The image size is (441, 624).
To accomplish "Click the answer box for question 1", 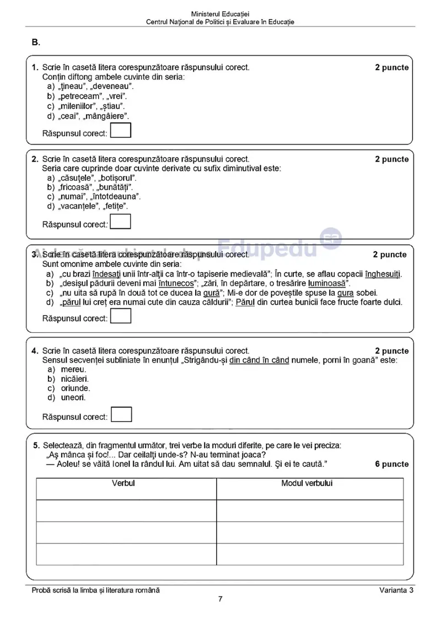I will [121, 130].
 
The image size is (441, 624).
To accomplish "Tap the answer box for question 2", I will [121, 222].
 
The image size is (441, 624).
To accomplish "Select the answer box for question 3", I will [121, 316].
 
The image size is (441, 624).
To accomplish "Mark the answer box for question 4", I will [121, 414].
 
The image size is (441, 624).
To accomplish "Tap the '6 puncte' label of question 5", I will [392, 464].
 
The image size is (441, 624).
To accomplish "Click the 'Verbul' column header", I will [123, 483].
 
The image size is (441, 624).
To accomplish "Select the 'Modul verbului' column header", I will [306, 483].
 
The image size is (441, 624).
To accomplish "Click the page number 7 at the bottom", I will [220, 599].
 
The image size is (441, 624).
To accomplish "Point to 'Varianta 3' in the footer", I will [396, 590].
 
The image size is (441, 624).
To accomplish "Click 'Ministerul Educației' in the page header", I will [220, 13].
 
